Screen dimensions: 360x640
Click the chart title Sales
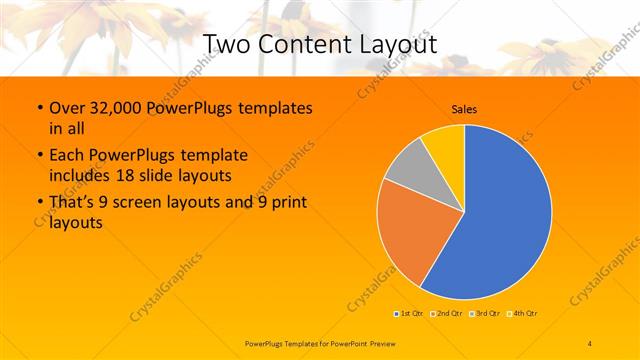pos(463,108)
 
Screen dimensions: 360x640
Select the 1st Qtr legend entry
pos(408,313)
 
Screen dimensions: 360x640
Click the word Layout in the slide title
pos(391,45)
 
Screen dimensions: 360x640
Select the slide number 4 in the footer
pos(590,344)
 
